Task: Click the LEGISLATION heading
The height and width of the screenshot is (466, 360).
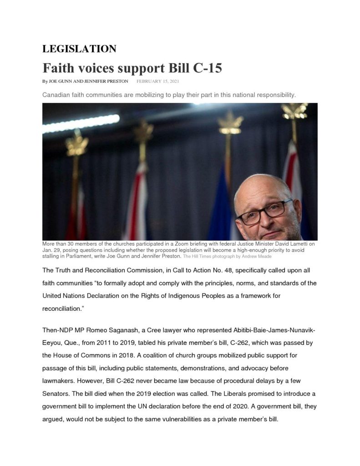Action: tap(79, 49)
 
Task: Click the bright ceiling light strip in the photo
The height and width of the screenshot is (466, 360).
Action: tap(82, 123)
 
